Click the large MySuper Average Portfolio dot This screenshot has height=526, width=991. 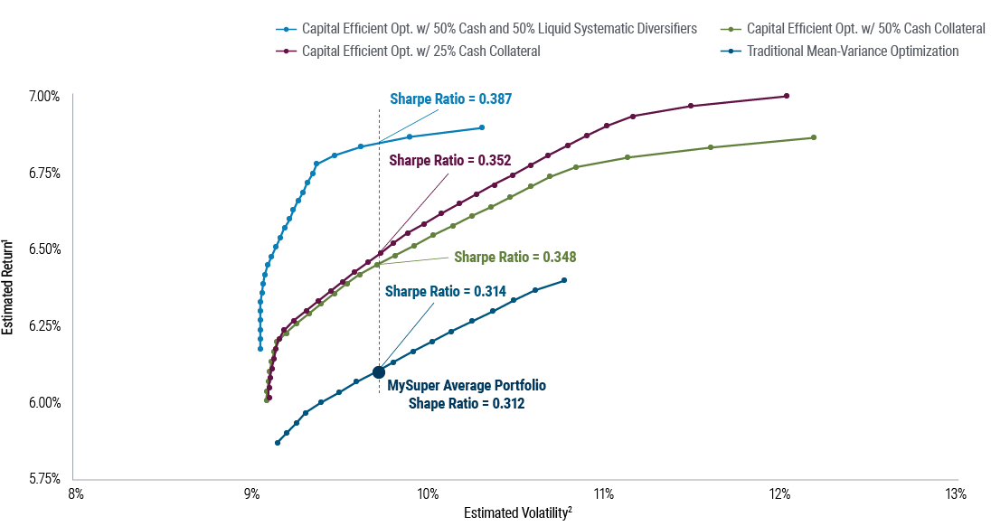(379, 371)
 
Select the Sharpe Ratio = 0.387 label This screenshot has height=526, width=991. (450, 99)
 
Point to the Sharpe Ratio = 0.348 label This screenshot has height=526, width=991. (514, 257)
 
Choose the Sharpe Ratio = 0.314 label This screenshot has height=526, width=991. (445, 291)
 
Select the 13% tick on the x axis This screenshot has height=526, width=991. (956, 494)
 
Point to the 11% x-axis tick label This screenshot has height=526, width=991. (604, 494)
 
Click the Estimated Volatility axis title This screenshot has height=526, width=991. (517, 512)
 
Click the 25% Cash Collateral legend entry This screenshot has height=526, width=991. (420, 51)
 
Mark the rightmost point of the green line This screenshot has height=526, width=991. (814, 137)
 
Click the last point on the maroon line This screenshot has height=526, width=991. (787, 96)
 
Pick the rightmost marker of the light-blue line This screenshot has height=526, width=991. (482, 127)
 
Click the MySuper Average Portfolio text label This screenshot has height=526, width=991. (467, 386)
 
